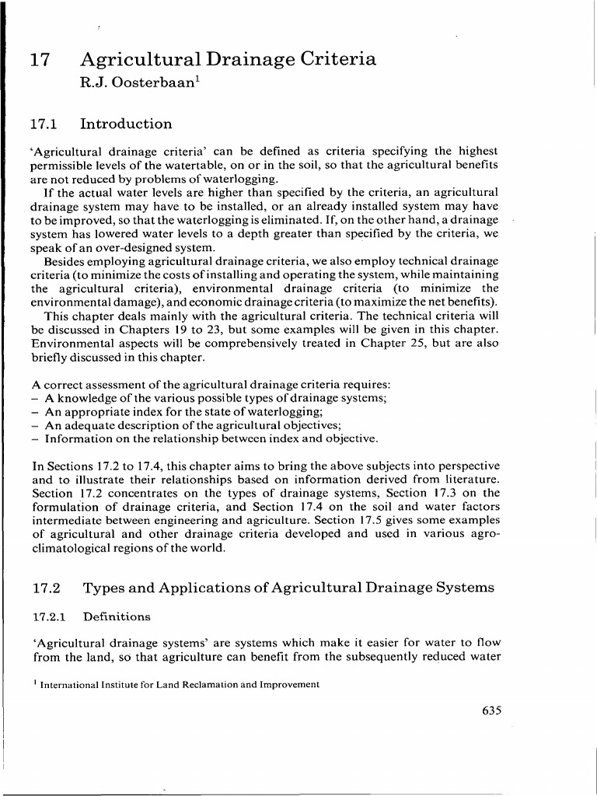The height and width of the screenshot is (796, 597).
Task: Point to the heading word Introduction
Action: coord(127,124)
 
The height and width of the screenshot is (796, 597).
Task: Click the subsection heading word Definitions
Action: coord(117,616)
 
